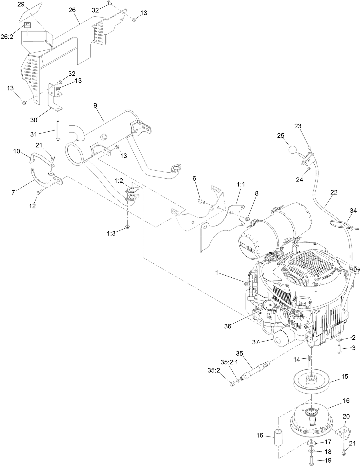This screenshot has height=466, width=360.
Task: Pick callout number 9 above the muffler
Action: pyautogui.click(x=95, y=105)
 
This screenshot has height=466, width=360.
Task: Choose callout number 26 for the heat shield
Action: pyautogui.click(x=72, y=10)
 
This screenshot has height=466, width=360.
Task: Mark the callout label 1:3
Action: pyautogui.click(x=111, y=233)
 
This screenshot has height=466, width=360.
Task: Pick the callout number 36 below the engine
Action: pyautogui.click(x=228, y=326)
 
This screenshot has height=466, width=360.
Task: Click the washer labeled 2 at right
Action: pyautogui.click(x=339, y=339)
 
